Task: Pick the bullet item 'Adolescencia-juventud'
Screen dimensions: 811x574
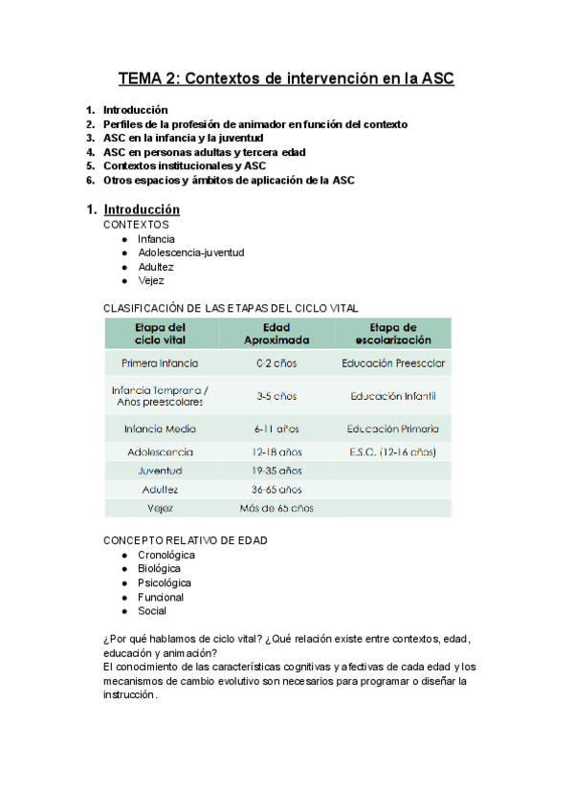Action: pyautogui.click(x=190, y=252)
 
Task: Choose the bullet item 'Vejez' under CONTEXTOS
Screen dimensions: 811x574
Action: pyautogui.click(x=151, y=281)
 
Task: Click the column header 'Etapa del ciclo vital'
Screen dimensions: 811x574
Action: pyautogui.click(x=161, y=333)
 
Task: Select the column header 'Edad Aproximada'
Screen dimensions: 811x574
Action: pyautogui.click(x=276, y=333)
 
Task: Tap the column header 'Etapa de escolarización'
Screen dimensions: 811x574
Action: pyautogui.click(x=392, y=333)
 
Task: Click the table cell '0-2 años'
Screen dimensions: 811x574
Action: pyautogui.click(x=276, y=363)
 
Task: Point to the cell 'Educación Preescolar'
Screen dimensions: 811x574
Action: pyautogui.click(x=392, y=363)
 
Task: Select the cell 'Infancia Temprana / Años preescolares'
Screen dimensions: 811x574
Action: pyautogui.click(x=161, y=396)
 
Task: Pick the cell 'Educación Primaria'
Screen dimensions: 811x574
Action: pyautogui.click(x=392, y=428)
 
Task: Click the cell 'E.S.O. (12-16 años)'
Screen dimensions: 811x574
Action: pyautogui.click(x=392, y=451)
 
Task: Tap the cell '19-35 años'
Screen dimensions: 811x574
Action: pyautogui.click(x=276, y=471)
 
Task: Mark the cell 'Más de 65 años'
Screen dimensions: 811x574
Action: pyautogui.click(x=276, y=508)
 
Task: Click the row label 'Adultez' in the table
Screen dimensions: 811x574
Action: pyautogui.click(x=161, y=489)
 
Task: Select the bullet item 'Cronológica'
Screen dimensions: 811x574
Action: pyautogui.click(x=166, y=555)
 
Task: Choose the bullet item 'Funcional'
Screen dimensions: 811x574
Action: pyautogui.click(x=161, y=597)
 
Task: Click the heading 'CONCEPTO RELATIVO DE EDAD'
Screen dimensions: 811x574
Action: pyautogui.click(x=185, y=540)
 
